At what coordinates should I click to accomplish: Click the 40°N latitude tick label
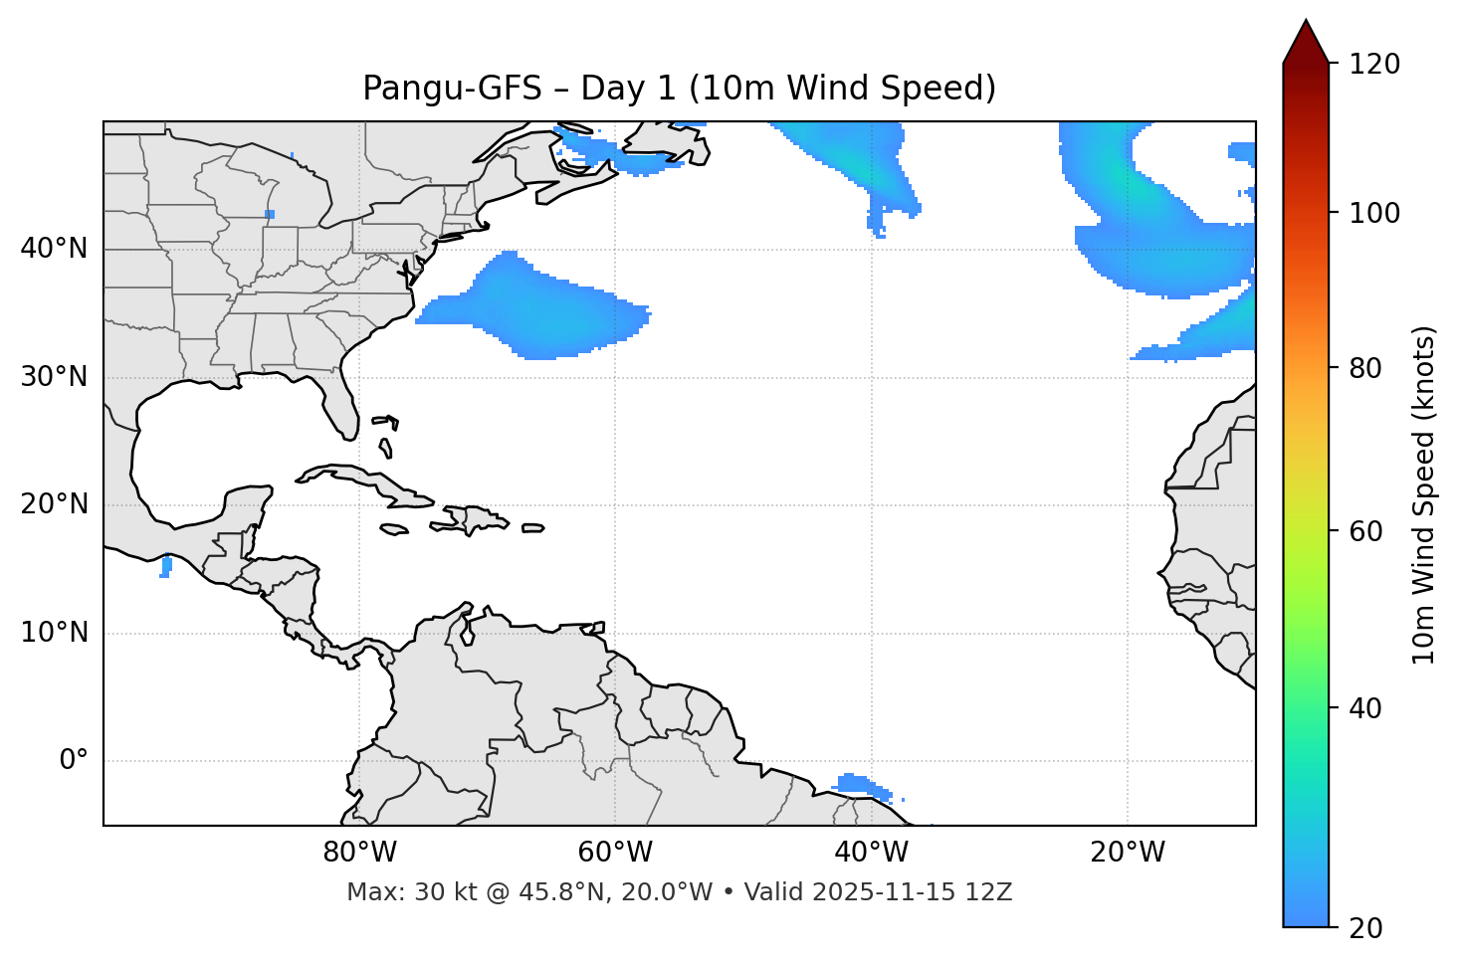(54, 249)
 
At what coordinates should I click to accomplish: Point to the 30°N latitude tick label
(54, 377)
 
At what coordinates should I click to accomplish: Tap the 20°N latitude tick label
(54, 504)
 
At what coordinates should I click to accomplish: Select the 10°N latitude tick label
(54, 633)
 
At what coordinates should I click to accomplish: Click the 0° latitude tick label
(74, 761)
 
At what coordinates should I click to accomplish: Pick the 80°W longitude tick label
(359, 853)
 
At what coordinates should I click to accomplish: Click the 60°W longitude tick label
(615, 853)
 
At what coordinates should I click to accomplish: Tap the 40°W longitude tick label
(871, 853)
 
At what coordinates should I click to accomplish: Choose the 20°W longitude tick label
(1127, 853)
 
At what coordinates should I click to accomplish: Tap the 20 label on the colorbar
(1364, 928)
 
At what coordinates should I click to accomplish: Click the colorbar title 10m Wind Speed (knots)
(1424, 494)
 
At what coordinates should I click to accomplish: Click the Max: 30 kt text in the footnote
(398, 892)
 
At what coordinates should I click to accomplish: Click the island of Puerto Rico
(533, 528)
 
